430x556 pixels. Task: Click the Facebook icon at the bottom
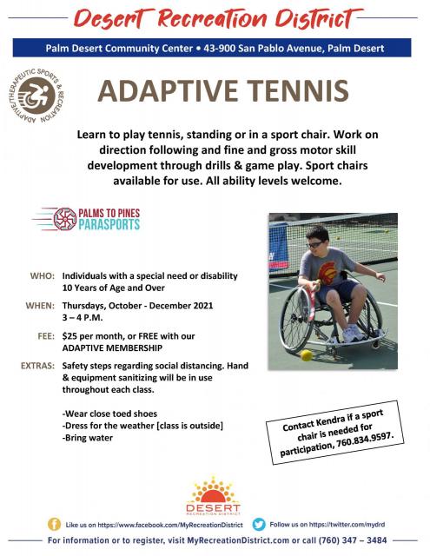(x=54, y=525)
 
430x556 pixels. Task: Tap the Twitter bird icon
(x=259, y=525)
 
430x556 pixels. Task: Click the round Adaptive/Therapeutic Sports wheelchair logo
(x=36, y=96)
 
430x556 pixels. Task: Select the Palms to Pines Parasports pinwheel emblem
(x=65, y=219)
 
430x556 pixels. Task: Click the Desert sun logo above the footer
(x=213, y=495)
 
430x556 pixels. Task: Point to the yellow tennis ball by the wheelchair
(x=307, y=355)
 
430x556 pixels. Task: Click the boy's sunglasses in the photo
(x=314, y=245)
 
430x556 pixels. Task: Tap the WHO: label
(x=43, y=276)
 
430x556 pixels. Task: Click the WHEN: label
(x=40, y=306)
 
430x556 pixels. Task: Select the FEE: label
(x=46, y=336)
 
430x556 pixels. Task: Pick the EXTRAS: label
(x=38, y=366)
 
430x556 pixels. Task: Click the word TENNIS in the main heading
(x=298, y=91)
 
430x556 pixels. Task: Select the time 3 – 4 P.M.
(x=83, y=317)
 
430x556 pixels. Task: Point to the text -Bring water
(x=88, y=438)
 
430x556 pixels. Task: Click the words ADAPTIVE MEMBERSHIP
(x=112, y=347)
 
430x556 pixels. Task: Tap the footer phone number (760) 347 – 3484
(x=353, y=540)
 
